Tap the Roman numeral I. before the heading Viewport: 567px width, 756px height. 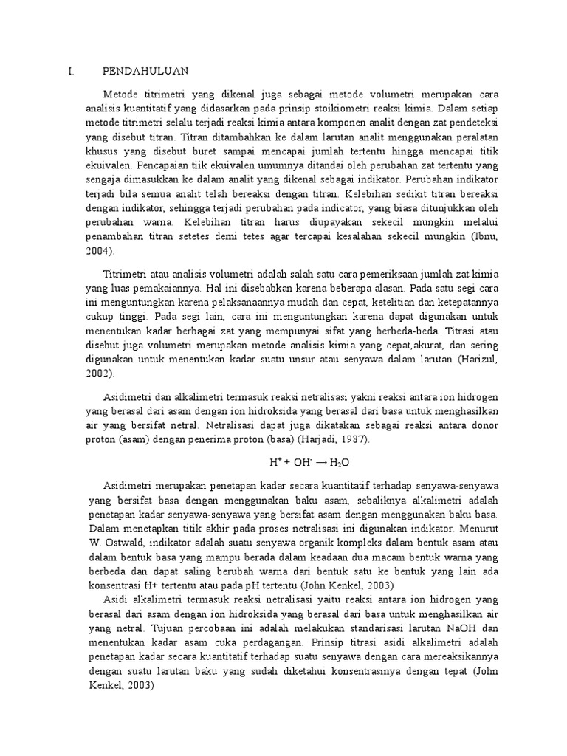71,72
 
